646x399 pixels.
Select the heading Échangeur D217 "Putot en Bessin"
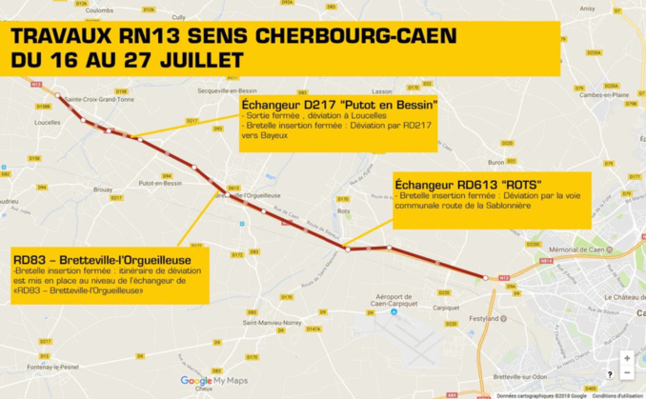(x=339, y=103)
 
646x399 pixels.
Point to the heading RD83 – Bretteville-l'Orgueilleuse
(x=102, y=259)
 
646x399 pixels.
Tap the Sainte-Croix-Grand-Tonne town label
(x=99, y=98)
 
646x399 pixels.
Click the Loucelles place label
(x=47, y=123)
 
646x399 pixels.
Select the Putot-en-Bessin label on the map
(x=157, y=183)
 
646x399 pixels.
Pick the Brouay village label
(x=103, y=190)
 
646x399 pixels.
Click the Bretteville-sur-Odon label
(x=520, y=376)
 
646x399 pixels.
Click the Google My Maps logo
(x=214, y=380)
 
